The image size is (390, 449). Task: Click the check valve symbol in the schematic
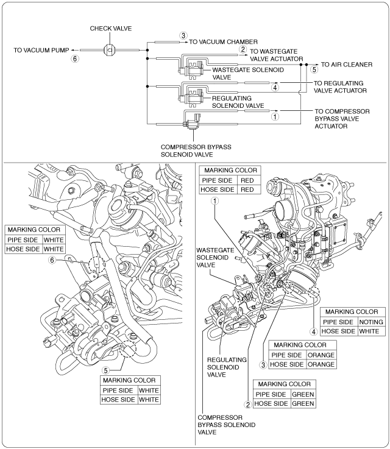pyautogui.click(x=111, y=51)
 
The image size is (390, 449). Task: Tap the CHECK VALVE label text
pyautogui.click(x=111, y=28)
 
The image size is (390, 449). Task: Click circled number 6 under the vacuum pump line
pyautogui.click(x=75, y=60)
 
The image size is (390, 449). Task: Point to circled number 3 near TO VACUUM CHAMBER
pyautogui.click(x=183, y=36)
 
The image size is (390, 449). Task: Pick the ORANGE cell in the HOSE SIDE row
pyautogui.click(x=321, y=364)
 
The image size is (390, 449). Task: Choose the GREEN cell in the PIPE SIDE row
pyautogui.click(x=302, y=394)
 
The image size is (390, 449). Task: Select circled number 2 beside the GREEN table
pyautogui.click(x=247, y=403)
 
